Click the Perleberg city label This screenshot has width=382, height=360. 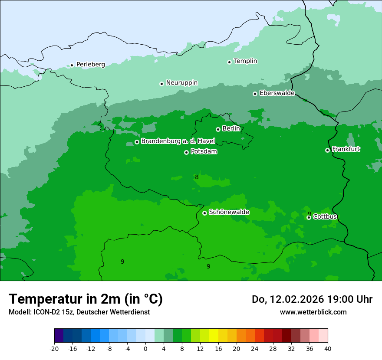click(x=90, y=65)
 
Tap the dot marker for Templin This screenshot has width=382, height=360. click(x=229, y=62)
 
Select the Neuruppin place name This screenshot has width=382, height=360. click(x=181, y=83)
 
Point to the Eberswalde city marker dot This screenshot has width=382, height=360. click(x=255, y=94)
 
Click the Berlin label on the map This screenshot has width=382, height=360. click(x=231, y=129)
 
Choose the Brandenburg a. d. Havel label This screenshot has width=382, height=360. click(x=178, y=141)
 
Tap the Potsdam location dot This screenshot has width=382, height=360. click(x=186, y=152)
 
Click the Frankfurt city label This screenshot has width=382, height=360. click(x=346, y=149)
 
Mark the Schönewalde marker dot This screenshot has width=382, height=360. click(x=204, y=213)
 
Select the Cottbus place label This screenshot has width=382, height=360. click(x=325, y=217)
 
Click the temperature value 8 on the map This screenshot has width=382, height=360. click(x=197, y=177)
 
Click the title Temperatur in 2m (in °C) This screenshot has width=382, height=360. click(x=86, y=299)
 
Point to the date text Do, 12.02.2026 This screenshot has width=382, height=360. click(x=290, y=299)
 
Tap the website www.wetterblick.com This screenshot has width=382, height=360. click(x=313, y=312)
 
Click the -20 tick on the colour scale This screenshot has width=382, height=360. click(x=54, y=348)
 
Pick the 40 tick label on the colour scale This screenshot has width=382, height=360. click(x=328, y=348)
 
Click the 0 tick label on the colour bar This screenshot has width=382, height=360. click(x=145, y=348)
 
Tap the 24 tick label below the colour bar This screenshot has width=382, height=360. click(x=255, y=348)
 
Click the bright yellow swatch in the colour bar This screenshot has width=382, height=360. click(x=214, y=336)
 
